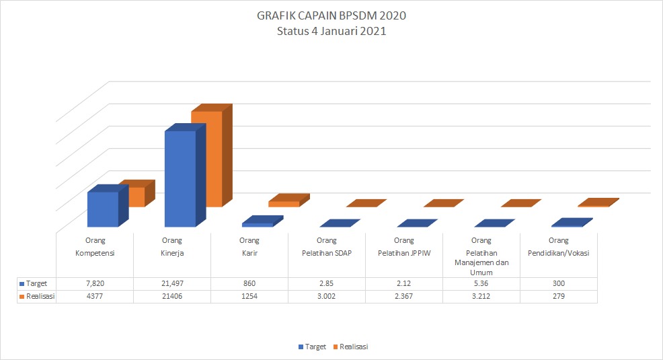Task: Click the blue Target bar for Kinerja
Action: coord(180,178)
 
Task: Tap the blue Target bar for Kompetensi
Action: coord(102,209)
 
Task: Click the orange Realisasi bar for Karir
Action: coord(284,203)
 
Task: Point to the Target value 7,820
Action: coord(95,283)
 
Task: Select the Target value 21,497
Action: coord(172,283)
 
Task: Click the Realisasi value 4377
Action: coord(95,296)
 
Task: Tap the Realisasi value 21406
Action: coord(172,296)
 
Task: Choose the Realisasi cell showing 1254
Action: coord(249,296)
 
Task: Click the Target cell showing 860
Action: coord(249,283)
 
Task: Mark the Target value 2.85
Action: coord(327,283)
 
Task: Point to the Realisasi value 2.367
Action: coord(404,296)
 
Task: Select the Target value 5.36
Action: coord(481,283)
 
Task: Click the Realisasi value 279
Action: coord(559,296)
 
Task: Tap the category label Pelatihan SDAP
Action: coord(327,253)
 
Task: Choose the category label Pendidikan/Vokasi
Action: coord(559,253)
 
